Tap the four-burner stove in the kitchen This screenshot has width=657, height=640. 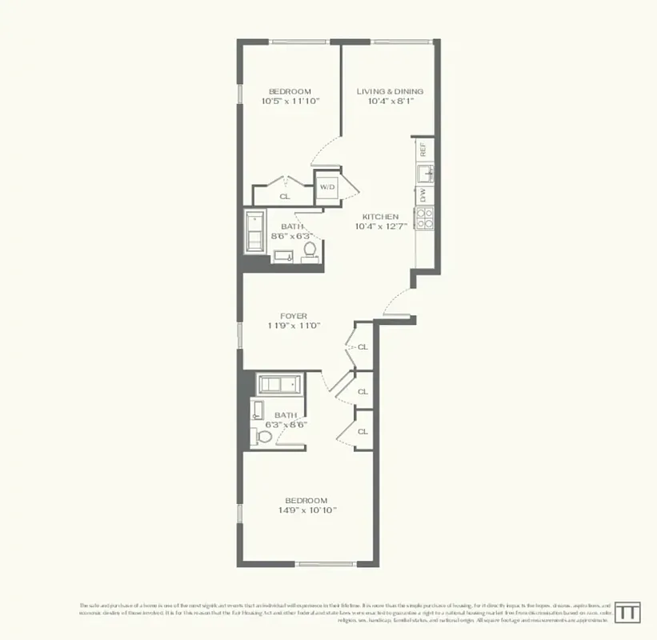coord(423,217)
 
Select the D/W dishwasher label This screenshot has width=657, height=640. coord(423,194)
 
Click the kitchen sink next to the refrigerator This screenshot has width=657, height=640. coord(425,171)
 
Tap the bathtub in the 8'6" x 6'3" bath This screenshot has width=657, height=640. coord(257,232)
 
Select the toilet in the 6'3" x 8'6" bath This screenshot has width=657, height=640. coord(262,438)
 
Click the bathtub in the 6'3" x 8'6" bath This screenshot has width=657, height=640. coord(278,383)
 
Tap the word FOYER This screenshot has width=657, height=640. coord(294,316)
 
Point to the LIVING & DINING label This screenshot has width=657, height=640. coord(390,91)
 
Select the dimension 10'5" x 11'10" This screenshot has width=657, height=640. coord(289,102)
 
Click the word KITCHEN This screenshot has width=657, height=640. coord(380,217)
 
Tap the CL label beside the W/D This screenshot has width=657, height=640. coord(284,196)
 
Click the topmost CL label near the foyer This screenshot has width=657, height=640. coord(363,347)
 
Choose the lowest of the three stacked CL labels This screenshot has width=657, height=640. coord(363,431)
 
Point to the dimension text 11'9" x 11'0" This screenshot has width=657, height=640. coord(294,326)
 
